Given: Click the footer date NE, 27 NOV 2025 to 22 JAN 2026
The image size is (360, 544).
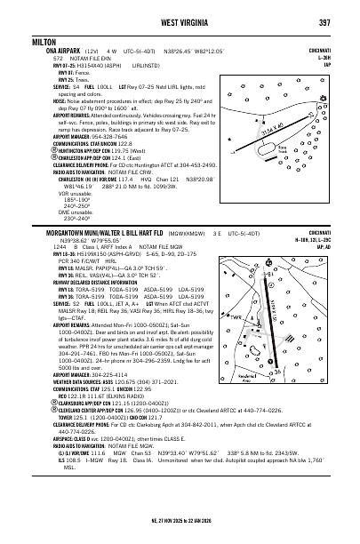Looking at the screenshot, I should pyautogui.click(x=180, y=532).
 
